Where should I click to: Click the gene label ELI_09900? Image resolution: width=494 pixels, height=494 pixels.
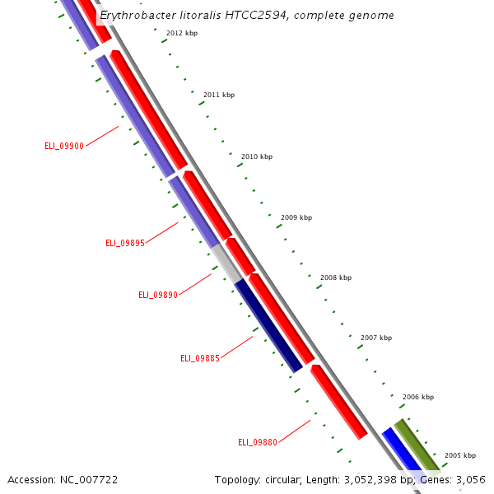click(64, 146)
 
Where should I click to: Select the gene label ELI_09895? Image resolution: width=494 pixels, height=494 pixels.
click(125, 243)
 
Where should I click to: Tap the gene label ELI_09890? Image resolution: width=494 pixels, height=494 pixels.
click(158, 295)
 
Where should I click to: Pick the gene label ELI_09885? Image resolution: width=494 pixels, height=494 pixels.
click(200, 358)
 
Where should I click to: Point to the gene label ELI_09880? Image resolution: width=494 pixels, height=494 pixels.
click(258, 442)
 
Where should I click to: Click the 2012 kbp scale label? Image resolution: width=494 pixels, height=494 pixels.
click(182, 34)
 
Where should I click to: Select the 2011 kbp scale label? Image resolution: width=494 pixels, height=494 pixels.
click(219, 95)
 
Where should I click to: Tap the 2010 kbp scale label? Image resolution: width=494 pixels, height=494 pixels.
click(257, 156)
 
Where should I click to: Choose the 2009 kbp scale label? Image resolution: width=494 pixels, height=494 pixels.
click(296, 217)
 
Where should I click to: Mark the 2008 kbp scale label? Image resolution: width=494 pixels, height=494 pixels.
click(336, 278)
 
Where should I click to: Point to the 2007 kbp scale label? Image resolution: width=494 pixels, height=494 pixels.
click(376, 338)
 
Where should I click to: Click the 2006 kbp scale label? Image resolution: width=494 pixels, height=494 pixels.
click(418, 397)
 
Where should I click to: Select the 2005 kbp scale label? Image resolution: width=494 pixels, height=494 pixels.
click(460, 455)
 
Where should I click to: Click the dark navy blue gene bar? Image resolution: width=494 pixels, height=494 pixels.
click(269, 326)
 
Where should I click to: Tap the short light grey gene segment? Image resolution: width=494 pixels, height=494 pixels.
click(225, 263)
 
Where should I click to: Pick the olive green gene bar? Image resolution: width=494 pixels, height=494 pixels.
click(417, 445)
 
